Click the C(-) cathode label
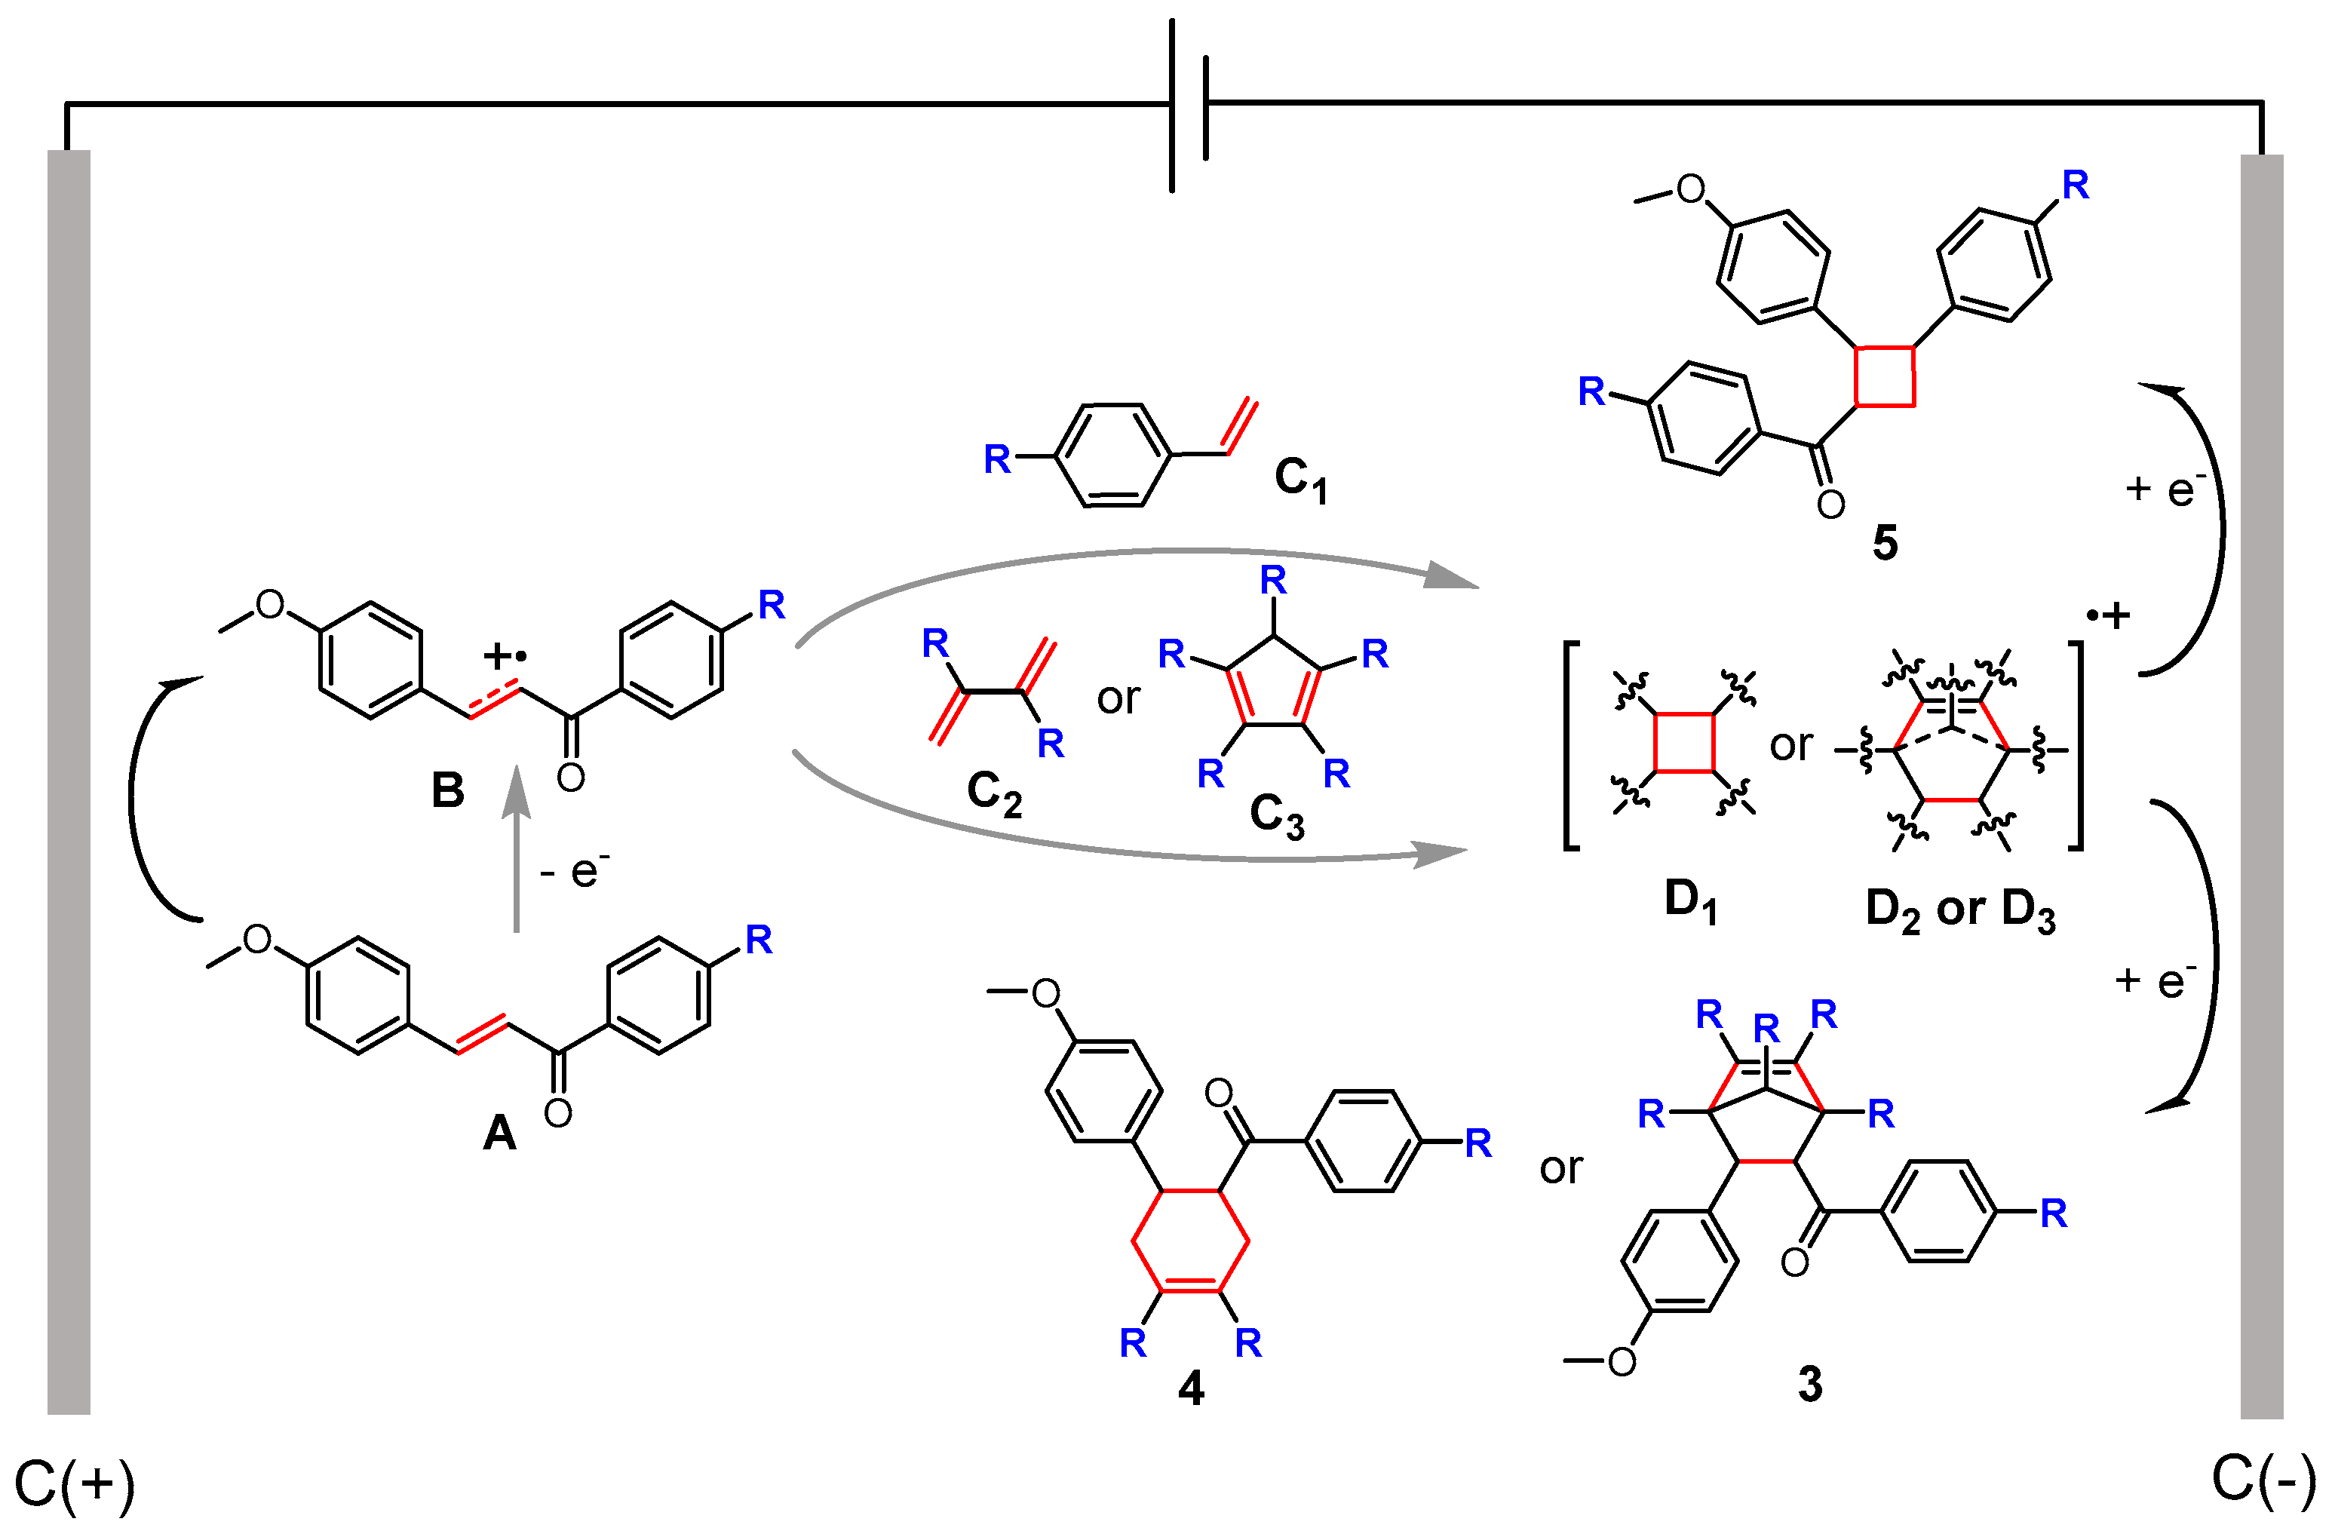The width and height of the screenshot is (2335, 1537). pyautogui.click(x=2263, y=1476)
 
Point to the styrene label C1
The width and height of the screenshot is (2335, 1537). pyautogui.click(x=1301, y=480)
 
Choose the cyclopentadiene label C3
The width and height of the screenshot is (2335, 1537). pyautogui.click(x=1276, y=816)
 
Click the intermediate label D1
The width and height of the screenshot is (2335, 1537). pyautogui.click(x=1690, y=901)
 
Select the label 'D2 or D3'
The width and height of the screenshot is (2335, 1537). pyautogui.click(x=1959, y=910)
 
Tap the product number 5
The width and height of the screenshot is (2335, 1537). pyautogui.click(x=1885, y=542)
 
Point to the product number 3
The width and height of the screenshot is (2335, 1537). pyautogui.click(x=1810, y=1384)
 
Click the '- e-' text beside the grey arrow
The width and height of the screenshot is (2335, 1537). pyautogui.click(x=575, y=869)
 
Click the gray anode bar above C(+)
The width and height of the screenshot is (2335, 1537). pyautogui.click(x=69, y=784)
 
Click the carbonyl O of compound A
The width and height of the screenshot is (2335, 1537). pyautogui.click(x=557, y=1112)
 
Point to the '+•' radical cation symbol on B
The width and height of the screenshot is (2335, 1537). pyautogui.click(x=505, y=654)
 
